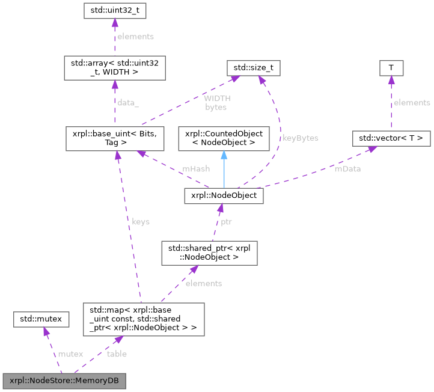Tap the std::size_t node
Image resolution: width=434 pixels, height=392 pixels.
pyautogui.click(x=253, y=67)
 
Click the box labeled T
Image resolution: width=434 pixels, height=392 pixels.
pyautogui.click(x=391, y=68)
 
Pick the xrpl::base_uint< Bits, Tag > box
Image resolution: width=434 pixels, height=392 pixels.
pyautogui.click(x=114, y=138)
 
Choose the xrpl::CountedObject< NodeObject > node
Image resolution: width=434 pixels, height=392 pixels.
pyautogui.click(x=224, y=138)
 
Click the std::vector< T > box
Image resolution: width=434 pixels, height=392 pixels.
pyautogui.click(x=391, y=138)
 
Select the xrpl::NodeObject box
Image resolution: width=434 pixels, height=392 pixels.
pyautogui.click(x=224, y=195)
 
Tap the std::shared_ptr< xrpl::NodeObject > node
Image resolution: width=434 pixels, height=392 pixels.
pyautogui.click(x=209, y=253)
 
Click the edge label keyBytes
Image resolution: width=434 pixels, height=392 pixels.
pyautogui.click(x=300, y=138)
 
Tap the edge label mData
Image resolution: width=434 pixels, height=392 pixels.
pyautogui.click(x=347, y=169)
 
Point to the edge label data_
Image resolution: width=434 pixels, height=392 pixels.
pyautogui.click(x=127, y=103)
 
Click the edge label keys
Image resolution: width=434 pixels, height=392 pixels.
pyautogui.click(x=140, y=221)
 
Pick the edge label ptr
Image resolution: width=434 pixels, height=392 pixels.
pyautogui.click(x=225, y=221)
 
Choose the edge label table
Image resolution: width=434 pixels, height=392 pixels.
pyautogui.click(x=117, y=354)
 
